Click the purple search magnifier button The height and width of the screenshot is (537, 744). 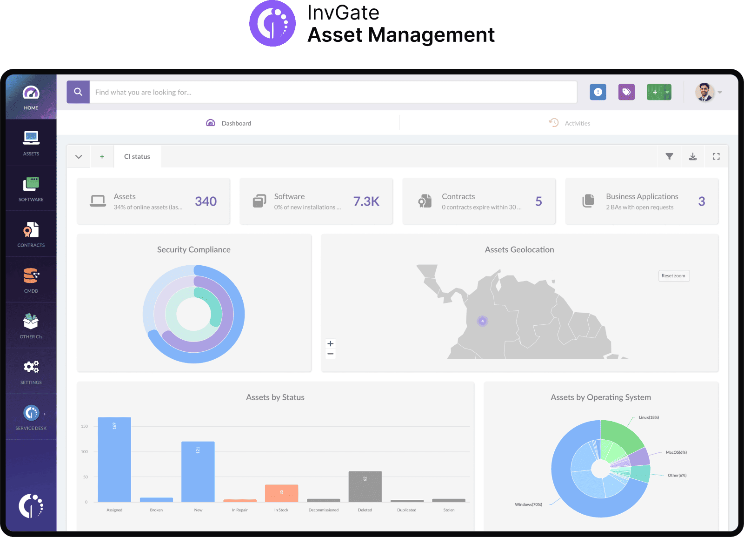click(78, 92)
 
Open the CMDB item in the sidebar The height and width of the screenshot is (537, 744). click(31, 279)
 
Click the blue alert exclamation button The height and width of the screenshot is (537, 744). click(598, 92)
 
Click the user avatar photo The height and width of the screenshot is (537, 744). click(704, 92)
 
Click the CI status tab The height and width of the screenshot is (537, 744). click(137, 157)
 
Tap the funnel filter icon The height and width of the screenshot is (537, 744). click(669, 157)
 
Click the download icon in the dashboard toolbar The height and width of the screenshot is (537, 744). click(693, 157)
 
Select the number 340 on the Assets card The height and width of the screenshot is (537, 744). click(206, 201)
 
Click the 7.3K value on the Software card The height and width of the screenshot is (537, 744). click(366, 201)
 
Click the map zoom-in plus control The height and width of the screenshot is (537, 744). click(331, 344)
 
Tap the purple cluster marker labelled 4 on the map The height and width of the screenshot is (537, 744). click(483, 321)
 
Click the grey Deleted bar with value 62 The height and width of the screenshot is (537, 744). click(365, 486)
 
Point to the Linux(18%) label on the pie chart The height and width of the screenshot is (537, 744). click(649, 417)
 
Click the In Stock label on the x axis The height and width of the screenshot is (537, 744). click(281, 510)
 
